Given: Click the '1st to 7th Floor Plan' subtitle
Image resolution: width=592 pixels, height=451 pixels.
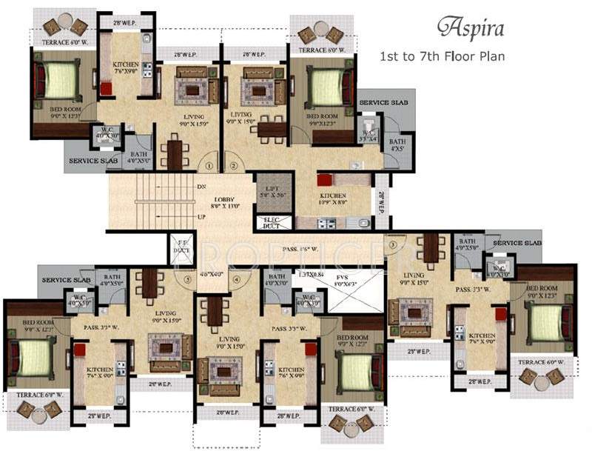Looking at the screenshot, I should pyautogui.click(x=442, y=56).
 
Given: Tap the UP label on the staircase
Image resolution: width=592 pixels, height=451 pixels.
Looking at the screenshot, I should pyautogui.click(x=201, y=216).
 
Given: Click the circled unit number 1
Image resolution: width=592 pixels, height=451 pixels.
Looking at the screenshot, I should pyautogui.click(x=209, y=167).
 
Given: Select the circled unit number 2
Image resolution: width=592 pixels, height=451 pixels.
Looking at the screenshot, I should pyautogui.click(x=232, y=167).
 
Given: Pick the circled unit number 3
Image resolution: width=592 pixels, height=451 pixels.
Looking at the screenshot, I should pyautogui.click(x=393, y=245).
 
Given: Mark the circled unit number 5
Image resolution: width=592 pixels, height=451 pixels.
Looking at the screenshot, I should pyautogui.click(x=189, y=280).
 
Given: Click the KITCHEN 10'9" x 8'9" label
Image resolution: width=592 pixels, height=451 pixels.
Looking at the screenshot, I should pyautogui.click(x=333, y=198).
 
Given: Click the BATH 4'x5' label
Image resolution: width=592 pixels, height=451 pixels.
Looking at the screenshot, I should pyautogui.click(x=397, y=144).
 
